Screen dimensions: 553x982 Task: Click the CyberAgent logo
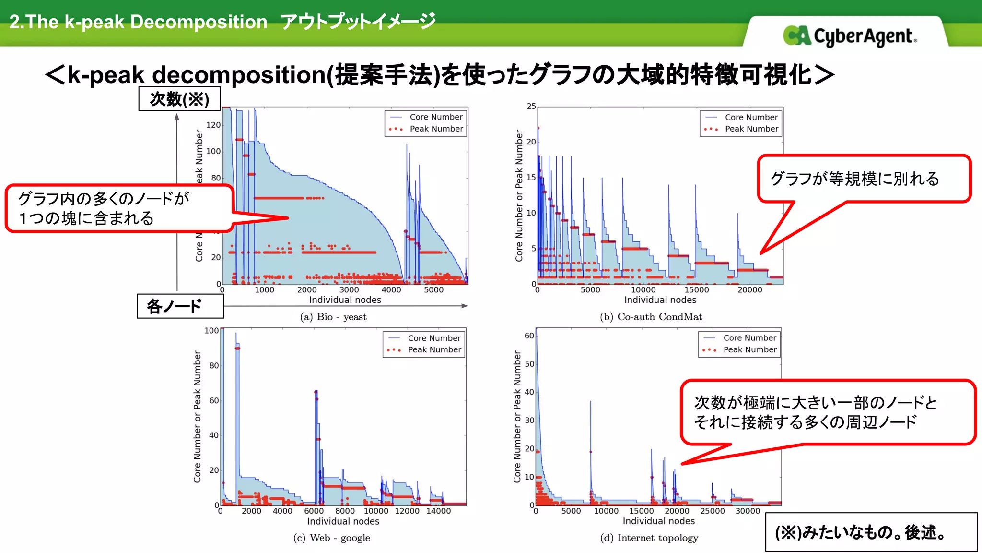coord(850,36)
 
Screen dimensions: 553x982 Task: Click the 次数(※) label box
coord(180,99)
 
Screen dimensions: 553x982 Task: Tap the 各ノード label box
coord(180,306)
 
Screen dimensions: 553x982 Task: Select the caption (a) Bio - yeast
coord(333,317)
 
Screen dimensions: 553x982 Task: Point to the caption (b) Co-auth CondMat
coord(651,317)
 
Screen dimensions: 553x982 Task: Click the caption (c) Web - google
coord(332,538)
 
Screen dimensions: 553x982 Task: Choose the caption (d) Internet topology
coord(649,538)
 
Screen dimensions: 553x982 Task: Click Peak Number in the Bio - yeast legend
coord(436,129)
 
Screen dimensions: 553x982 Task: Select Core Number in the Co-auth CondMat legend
coord(751,117)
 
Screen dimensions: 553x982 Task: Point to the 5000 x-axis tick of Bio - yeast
coord(433,290)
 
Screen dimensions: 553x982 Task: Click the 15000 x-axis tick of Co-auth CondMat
coord(696,290)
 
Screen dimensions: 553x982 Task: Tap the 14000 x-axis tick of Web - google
coord(438,511)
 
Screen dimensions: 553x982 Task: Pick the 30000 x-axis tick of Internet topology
coord(748,511)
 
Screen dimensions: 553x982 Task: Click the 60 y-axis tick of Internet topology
coord(529,336)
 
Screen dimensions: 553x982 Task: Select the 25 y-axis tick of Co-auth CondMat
coord(531,106)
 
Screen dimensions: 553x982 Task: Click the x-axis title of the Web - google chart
coord(343,521)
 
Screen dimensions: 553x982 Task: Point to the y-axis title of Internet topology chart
coord(517,416)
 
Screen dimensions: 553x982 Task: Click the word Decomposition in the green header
coord(199,22)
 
